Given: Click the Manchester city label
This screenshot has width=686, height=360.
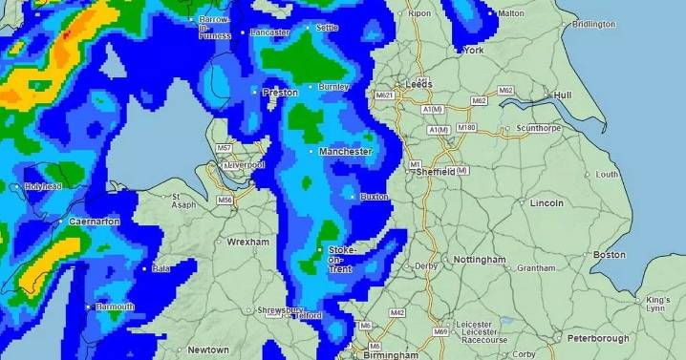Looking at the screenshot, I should coord(345,152).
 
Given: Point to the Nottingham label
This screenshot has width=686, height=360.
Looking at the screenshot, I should coord(479,260).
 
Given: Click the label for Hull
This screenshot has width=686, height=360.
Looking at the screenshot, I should coord(563,95).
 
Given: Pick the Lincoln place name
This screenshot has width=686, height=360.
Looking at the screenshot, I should coord(547,203).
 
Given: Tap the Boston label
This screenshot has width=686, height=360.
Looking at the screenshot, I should coord(609,255).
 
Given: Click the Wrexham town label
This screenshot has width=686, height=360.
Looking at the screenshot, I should coord(247,243).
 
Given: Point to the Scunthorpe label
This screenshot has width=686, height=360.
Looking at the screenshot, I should coord(537,128).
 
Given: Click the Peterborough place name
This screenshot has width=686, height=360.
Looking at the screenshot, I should coord(596,338).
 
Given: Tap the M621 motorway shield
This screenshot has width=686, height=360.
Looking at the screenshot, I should coord(386,95).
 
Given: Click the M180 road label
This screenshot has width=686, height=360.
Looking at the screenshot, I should coord(466,127).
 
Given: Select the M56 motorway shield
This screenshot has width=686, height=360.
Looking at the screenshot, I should coord(225,200).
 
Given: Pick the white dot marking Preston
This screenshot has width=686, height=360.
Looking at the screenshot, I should coord(255,92).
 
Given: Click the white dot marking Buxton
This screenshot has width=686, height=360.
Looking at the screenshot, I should coord(353,197).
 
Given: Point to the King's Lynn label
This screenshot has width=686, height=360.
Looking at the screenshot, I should coord(658,304).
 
